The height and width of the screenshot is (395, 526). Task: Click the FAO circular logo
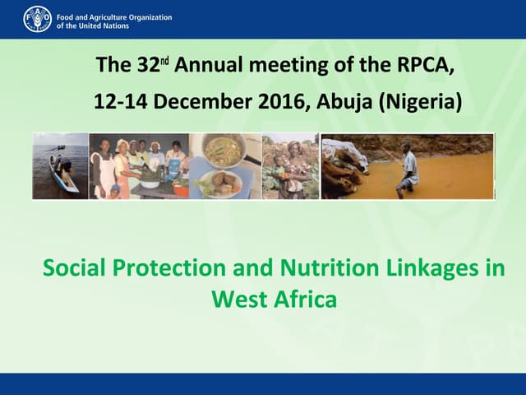(37, 18)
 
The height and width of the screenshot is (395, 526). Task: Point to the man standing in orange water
(407, 169)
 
